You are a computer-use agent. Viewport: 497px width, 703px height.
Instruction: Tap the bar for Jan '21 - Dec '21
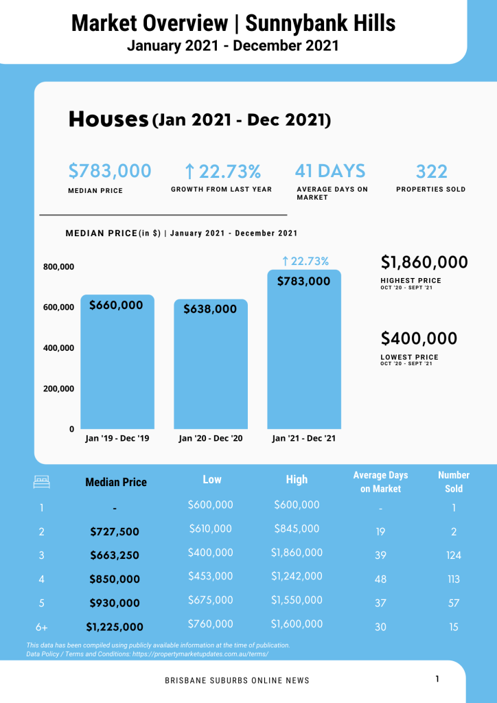tap(304, 349)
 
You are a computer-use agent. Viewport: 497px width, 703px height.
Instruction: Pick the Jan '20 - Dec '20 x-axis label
tap(211, 438)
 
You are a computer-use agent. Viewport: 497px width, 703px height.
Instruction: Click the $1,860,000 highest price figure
tap(424, 262)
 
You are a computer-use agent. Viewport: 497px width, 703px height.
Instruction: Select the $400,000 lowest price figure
tap(419, 338)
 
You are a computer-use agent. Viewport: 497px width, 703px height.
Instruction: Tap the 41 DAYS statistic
tap(330, 171)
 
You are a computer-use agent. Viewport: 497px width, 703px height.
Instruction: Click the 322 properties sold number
tap(431, 172)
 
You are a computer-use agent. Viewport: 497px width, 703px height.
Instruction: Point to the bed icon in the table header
tap(42, 482)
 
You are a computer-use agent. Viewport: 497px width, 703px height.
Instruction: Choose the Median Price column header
tap(116, 482)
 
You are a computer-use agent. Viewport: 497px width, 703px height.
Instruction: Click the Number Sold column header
tap(454, 481)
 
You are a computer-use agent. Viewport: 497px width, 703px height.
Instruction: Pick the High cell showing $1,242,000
tap(297, 576)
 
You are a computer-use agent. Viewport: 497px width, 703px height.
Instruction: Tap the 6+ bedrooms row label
tap(42, 627)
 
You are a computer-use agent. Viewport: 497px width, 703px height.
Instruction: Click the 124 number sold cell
tap(454, 555)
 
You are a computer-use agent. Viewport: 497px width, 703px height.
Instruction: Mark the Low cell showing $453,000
tap(211, 576)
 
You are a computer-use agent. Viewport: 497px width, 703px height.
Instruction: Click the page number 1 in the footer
tap(437, 679)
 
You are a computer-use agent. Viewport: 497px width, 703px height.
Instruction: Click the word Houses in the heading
tap(108, 119)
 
